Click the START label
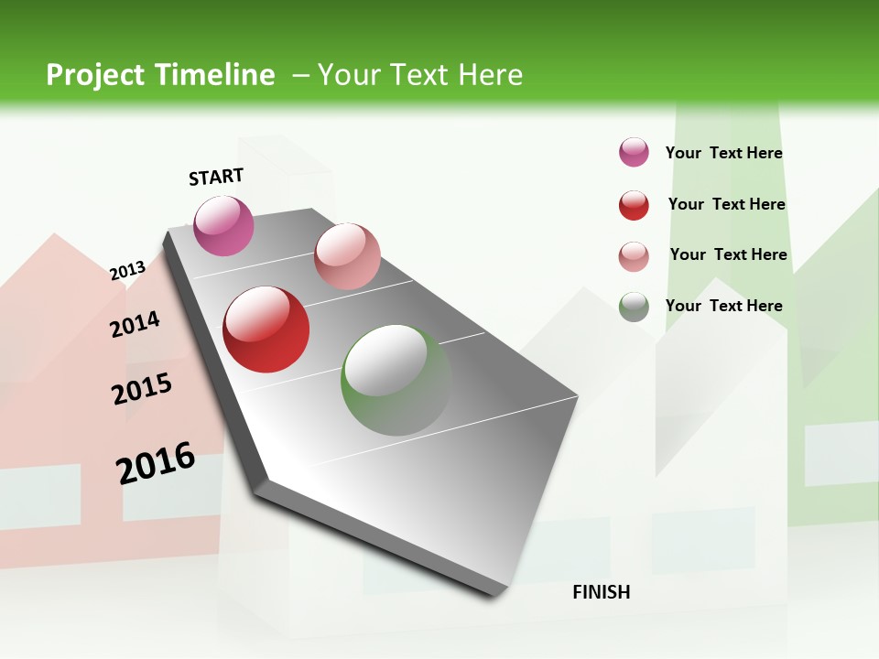coord(216,177)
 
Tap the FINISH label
coord(601,592)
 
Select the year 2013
coord(127,271)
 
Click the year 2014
coord(135,324)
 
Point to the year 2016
coord(155,463)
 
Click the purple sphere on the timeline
coord(223,225)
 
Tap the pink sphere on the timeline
coord(347,256)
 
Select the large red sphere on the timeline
coord(266,329)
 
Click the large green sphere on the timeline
coord(396,380)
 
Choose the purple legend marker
coord(634,152)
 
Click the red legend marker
coord(634,205)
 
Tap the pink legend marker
coord(634,256)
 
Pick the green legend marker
coord(634,307)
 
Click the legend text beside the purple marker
coord(723,153)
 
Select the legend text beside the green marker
coord(723,306)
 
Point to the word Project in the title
coord(96,75)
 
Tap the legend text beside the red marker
coord(726,204)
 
